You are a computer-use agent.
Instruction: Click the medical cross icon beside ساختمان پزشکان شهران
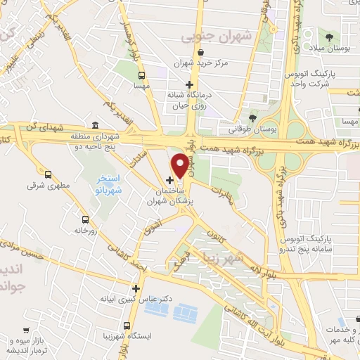point(169,180)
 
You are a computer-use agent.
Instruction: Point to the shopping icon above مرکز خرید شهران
point(202,51)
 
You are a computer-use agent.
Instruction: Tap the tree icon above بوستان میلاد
point(328,35)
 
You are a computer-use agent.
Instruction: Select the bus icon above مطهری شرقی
point(49,174)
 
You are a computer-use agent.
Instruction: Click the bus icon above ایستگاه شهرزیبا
point(127,326)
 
